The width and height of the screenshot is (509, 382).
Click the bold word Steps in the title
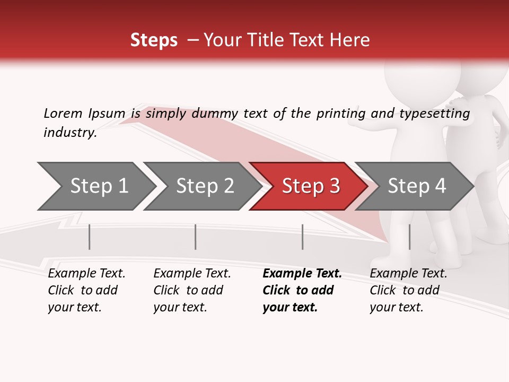(154, 40)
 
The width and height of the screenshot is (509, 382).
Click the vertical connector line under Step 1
(90, 237)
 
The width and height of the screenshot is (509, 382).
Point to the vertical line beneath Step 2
(196, 237)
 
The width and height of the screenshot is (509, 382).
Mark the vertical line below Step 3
(303, 237)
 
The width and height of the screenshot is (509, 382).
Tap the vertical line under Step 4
(410, 237)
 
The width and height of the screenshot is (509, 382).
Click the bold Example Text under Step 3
(302, 274)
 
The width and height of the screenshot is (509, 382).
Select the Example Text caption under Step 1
(86, 274)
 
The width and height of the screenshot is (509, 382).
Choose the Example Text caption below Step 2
(192, 274)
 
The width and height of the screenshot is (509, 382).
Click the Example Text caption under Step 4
(408, 274)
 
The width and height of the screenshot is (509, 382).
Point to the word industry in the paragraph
(69, 133)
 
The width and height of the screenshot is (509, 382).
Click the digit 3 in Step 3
(334, 186)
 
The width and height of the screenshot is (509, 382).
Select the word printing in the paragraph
(340, 114)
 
